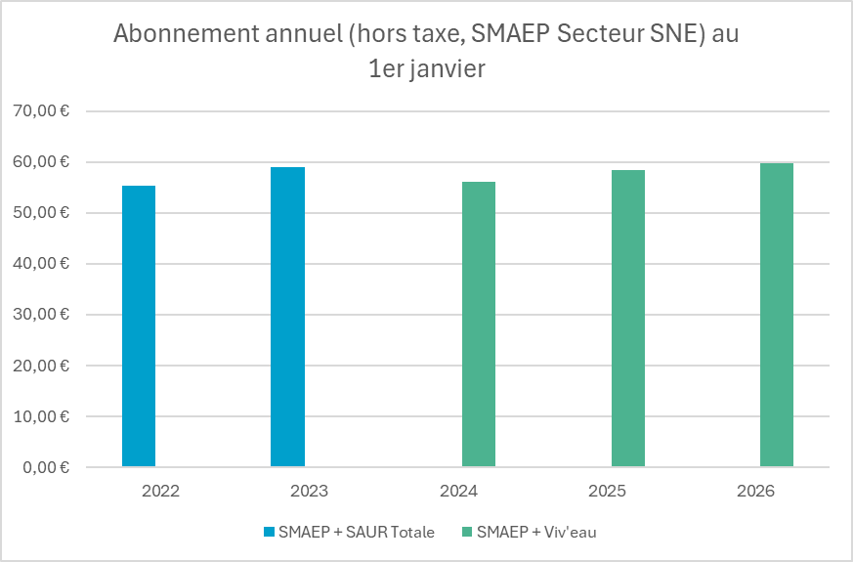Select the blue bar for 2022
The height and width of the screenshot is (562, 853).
(139, 326)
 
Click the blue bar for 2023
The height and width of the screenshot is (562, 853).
(288, 318)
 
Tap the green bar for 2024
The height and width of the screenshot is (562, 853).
(479, 324)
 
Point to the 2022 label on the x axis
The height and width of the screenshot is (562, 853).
(160, 491)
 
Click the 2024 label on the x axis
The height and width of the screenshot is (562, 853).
(457, 491)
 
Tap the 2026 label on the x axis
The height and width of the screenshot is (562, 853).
(755, 491)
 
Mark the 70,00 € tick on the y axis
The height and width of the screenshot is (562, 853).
(40, 111)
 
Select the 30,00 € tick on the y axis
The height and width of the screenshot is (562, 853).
(40, 315)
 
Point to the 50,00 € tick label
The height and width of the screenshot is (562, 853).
(40, 213)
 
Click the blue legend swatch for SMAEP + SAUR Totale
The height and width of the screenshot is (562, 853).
(270, 532)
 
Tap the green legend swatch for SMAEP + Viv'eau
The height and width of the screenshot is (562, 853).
(467, 532)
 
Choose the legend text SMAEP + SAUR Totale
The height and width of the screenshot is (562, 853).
(356, 532)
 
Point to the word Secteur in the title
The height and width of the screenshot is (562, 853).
(612, 34)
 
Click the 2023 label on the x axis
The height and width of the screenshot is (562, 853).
(309, 491)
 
